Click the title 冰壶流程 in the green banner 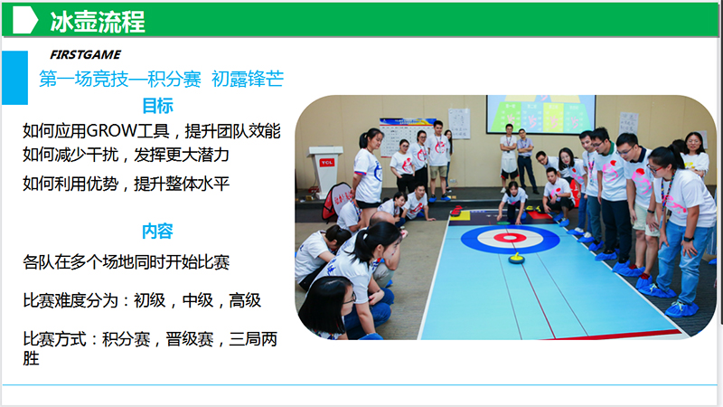click(98, 21)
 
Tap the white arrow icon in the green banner click(25, 20)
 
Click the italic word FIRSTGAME click(85, 55)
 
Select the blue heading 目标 click(157, 106)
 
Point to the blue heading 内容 click(157, 232)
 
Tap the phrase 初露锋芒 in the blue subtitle click(248, 79)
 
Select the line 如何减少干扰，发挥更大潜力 click(126, 155)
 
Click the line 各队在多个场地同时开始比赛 click(127, 262)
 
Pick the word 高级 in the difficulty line click(245, 301)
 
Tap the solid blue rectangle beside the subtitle click(14, 78)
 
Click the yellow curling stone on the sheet click(516, 258)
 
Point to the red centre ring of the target click(510, 238)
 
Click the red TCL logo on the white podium click(327, 163)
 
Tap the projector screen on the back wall click(540, 114)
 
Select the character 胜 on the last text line click(31, 358)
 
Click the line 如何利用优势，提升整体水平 click(126, 185)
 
